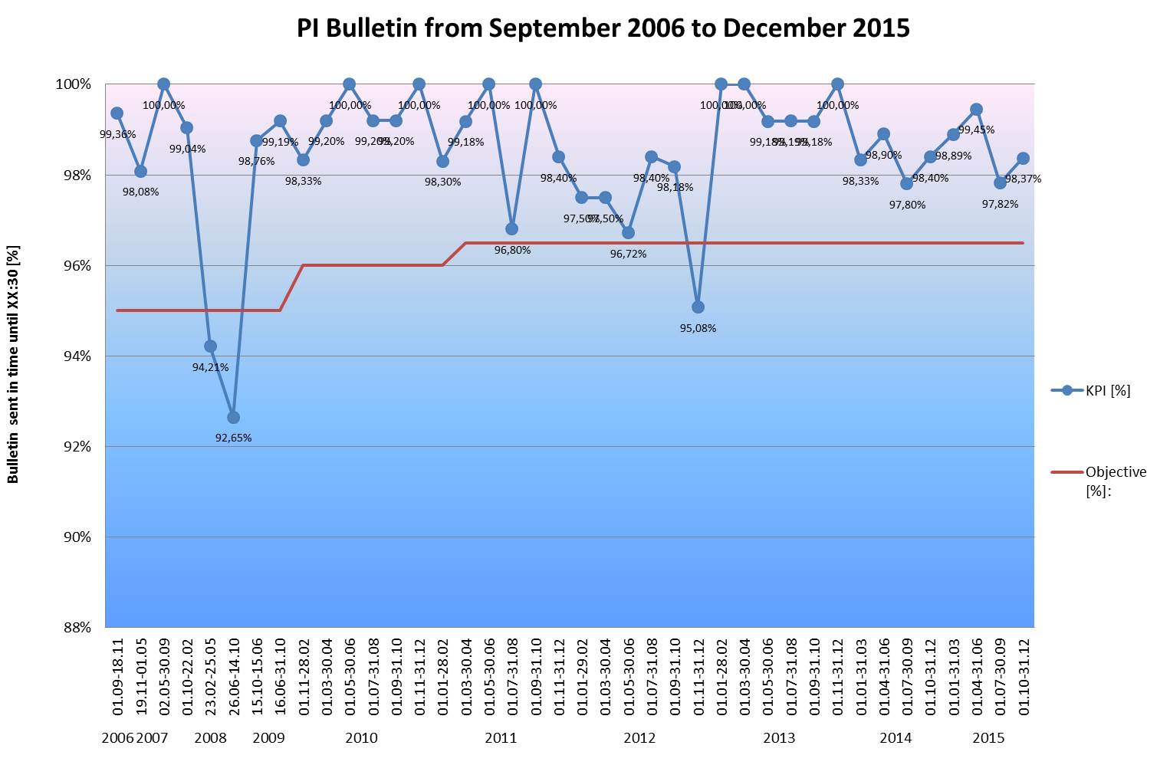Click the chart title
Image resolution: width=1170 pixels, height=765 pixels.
click(x=603, y=28)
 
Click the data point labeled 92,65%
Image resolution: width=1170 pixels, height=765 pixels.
click(x=233, y=417)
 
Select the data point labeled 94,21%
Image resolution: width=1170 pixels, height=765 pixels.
click(x=210, y=346)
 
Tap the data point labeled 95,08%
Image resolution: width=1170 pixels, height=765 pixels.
click(x=698, y=307)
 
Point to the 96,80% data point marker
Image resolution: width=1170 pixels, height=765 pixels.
click(x=511, y=229)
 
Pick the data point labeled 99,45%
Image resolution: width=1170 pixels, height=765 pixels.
click(x=976, y=110)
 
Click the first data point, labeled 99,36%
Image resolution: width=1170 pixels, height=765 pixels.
click(x=117, y=113)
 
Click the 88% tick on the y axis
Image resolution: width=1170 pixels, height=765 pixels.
click(x=77, y=628)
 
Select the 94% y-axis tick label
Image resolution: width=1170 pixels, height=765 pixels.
click(x=77, y=356)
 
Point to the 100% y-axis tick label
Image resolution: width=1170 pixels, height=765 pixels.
click(x=74, y=84)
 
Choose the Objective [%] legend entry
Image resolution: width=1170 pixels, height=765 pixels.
click(x=1115, y=481)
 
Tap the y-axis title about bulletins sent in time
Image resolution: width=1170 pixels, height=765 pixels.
click(x=14, y=364)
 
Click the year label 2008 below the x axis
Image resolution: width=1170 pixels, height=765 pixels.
click(x=210, y=738)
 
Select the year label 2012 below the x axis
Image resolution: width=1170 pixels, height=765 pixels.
click(x=639, y=738)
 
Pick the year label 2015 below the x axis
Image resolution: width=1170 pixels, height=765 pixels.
click(x=988, y=738)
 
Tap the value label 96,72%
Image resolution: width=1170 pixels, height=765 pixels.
click(x=628, y=254)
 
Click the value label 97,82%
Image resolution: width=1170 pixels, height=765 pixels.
click(x=1000, y=205)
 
